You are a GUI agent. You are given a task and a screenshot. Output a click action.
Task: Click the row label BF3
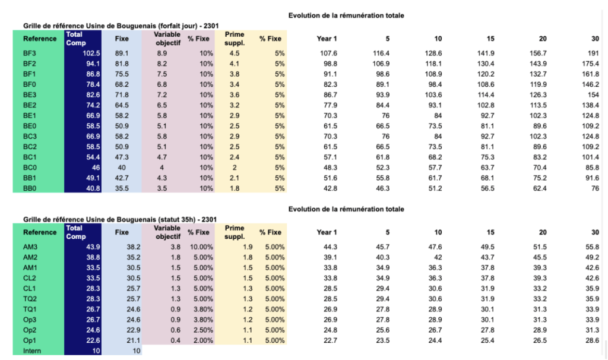[x=30, y=53]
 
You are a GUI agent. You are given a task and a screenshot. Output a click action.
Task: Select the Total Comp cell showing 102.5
[x=91, y=53]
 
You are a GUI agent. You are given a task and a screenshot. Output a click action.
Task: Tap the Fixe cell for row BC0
[x=121, y=168]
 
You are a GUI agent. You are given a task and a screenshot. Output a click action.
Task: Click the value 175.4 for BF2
[x=591, y=64]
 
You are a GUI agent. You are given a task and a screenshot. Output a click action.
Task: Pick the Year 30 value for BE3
[x=593, y=94]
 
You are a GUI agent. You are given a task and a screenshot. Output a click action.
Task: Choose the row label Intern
[x=32, y=350]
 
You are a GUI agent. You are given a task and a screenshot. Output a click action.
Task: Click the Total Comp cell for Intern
[x=96, y=350]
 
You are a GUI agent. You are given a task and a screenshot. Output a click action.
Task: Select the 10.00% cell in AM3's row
[x=201, y=247]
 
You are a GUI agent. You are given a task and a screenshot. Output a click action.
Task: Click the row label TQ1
[x=30, y=309]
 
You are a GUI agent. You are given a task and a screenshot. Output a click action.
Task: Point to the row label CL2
[x=30, y=278]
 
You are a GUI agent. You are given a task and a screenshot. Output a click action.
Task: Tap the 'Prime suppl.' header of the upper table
[x=235, y=39]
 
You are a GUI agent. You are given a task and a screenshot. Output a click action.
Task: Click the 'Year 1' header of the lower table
[x=327, y=232]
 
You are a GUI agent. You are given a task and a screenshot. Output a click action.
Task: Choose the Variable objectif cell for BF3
[x=162, y=53]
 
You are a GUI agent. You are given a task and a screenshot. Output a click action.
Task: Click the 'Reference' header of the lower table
[x=40, y=232]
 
